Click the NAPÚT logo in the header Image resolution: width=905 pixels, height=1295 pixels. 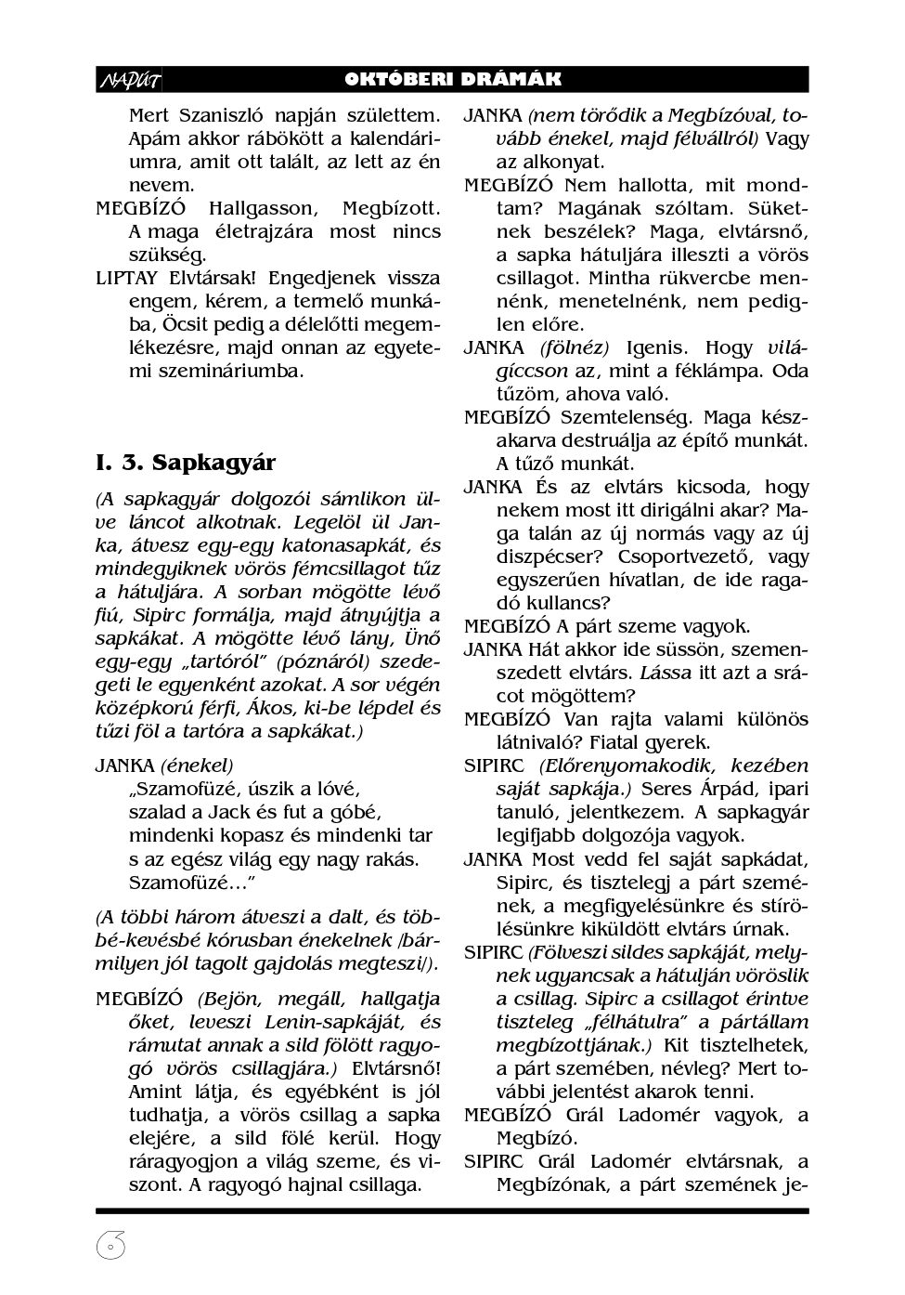tap(129, 81)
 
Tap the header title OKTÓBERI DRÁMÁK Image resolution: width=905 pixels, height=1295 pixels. tap(452, 80)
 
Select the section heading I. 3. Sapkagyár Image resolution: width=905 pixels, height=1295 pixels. tap(186, 462)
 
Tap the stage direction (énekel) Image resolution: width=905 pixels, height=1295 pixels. tap(197, 765)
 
